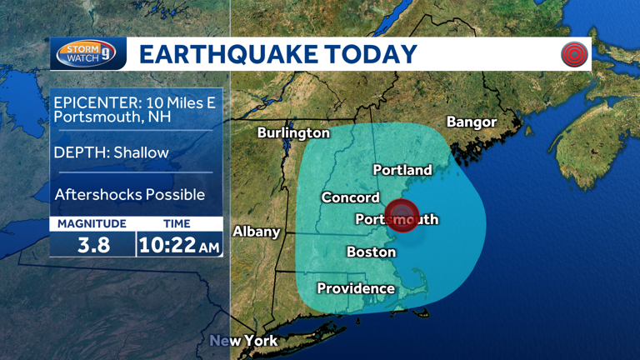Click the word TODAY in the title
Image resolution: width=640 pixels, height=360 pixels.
372,54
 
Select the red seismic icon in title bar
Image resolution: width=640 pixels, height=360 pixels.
574,55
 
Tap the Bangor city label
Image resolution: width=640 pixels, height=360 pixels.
472,122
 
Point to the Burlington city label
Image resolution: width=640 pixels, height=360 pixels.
293,132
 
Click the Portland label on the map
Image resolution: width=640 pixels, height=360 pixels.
402,170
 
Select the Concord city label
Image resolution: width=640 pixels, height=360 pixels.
350,197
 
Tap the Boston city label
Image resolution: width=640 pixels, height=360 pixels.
371,252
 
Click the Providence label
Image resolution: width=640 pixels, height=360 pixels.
356,288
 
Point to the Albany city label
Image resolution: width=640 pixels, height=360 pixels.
256,231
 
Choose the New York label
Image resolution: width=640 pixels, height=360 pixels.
243,341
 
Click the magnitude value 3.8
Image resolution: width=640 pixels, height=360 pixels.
92,245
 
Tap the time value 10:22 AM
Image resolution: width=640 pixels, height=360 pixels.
179,245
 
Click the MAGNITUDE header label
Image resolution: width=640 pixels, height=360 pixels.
92,223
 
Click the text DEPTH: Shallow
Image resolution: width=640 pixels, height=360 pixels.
111,152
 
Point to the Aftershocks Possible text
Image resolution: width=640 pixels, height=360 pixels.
129,194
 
